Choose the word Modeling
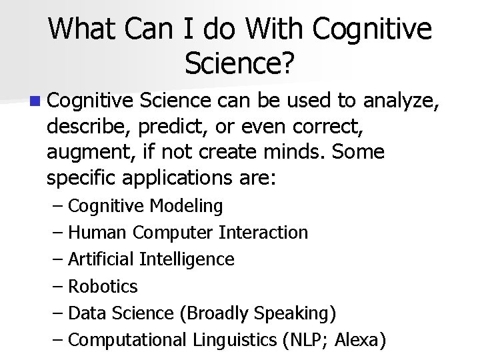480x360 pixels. coord(187,206)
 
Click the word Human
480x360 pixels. coord(98,233)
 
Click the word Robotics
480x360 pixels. coord(103,287)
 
